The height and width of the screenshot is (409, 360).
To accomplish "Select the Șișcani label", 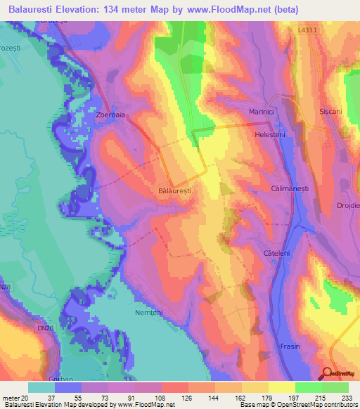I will (331, 112).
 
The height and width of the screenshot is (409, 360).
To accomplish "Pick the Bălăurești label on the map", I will (174, 190).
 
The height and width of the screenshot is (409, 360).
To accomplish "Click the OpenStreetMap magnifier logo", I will (326, 373).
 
